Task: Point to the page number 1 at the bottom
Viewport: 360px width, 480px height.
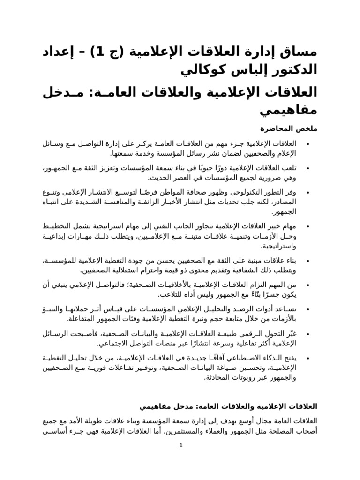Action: (180, 446)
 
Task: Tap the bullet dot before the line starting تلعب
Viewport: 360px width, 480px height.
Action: (307, 168)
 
